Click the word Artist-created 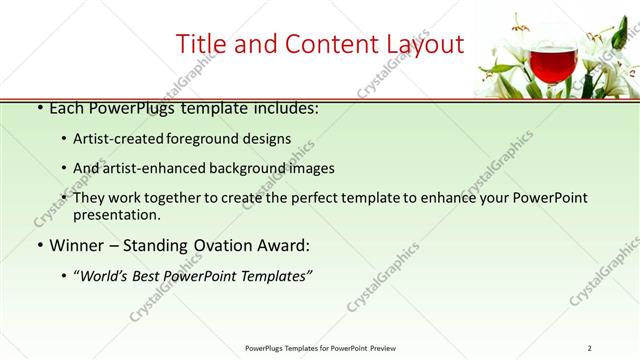click(115, 139)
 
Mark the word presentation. click(115, 215)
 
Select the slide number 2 click(589, 347)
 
